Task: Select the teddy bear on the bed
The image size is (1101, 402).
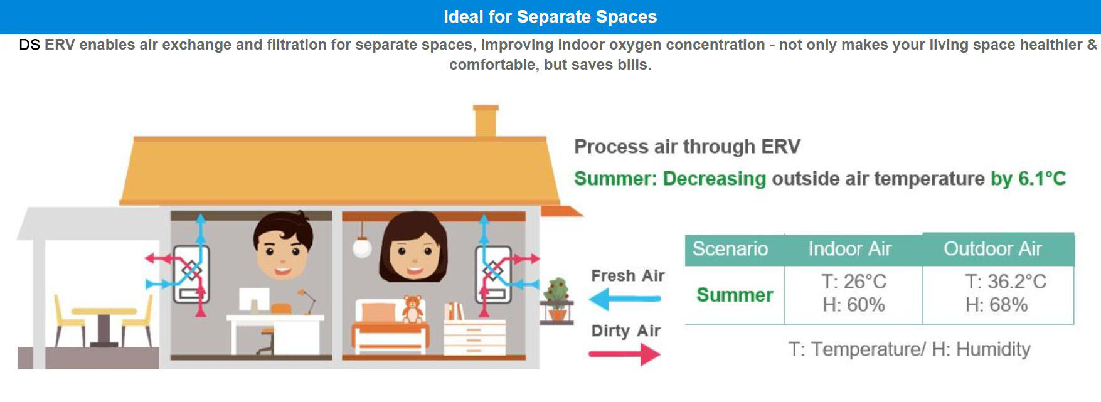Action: pos(412,309)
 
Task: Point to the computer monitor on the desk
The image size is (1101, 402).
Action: pos(253,301)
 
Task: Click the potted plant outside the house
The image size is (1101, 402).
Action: pos(556,300)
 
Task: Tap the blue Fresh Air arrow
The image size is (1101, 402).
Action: pos(625,299)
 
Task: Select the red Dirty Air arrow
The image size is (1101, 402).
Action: pos(625,354)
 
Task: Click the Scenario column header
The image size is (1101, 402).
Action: pos(730,249)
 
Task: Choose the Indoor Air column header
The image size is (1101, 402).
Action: pos(850,249)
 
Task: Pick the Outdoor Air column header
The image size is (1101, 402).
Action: pos(993,249)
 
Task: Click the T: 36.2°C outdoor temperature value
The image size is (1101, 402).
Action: pos(1006,282)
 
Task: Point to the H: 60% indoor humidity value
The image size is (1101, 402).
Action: pos(854,305)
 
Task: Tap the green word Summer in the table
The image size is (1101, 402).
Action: pos(735,295)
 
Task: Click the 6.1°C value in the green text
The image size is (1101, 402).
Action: pos(1042,179)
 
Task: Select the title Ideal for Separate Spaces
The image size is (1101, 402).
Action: pos(550,17)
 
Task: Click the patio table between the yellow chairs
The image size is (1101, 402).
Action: pos(104,326)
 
